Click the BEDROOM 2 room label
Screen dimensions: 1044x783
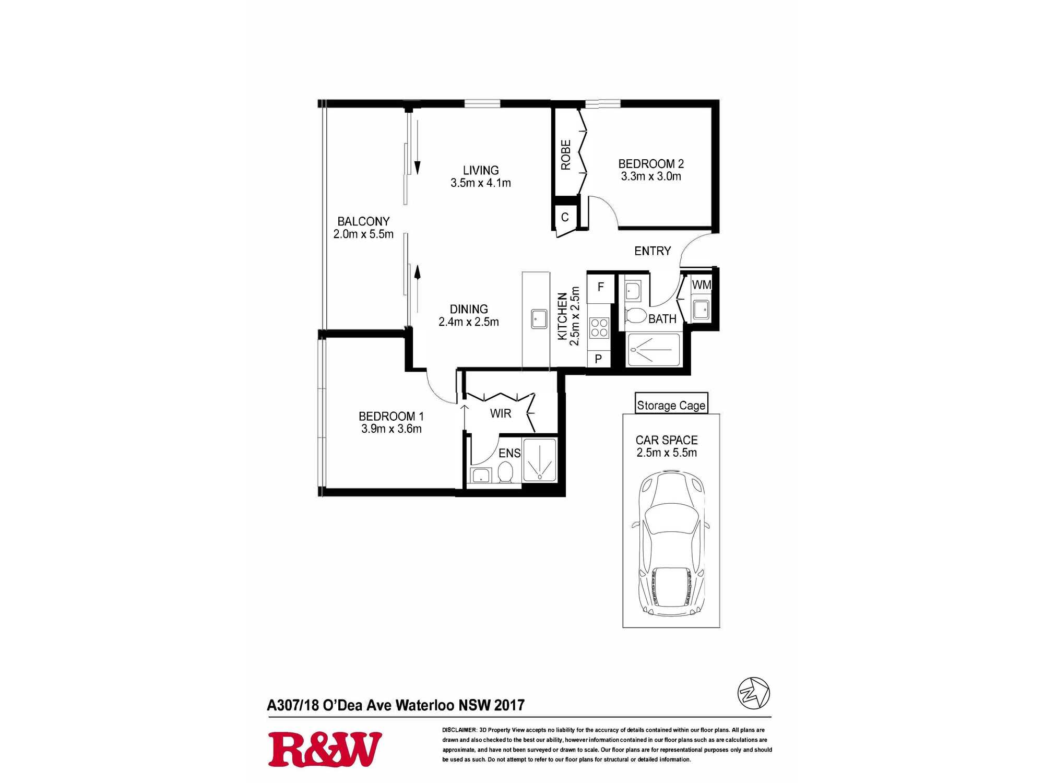(651, 164)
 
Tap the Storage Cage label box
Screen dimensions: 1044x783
(671, 404)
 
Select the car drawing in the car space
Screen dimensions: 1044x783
(671, 543)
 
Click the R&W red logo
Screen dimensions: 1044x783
(325, 750)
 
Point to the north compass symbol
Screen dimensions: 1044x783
(754, 693)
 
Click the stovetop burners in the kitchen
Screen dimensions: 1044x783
(599, 328)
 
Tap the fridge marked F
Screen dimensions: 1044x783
(600, 288)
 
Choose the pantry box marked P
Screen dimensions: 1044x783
(599, 359)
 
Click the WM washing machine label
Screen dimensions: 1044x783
(701, 285)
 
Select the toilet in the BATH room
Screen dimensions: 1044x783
(635, 315)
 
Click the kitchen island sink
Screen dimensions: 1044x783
(539, 318)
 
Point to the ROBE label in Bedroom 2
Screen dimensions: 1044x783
(566, 155)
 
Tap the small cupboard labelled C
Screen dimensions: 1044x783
(565, 217)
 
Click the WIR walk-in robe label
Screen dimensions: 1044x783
(501, 413)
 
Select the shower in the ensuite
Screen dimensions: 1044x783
(540, 460)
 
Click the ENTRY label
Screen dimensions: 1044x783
(652, 251)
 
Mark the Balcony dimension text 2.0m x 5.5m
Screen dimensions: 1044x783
(363, 234)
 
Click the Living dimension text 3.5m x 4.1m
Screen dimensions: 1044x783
(481, 183)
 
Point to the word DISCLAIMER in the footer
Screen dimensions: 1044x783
(459, 730)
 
